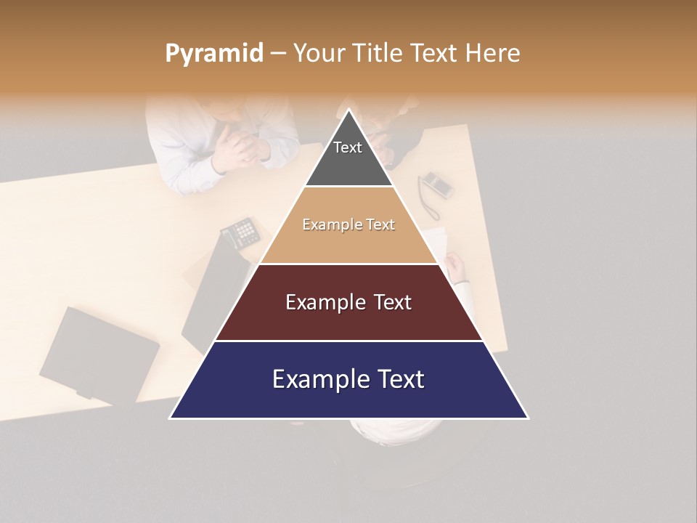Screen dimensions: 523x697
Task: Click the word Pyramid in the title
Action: [213, 54]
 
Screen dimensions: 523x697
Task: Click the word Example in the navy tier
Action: [312, 379]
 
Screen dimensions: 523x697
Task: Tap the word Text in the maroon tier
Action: [392, 302]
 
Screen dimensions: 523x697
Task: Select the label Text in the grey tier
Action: [347, 147]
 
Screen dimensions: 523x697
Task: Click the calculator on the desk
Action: [240, 232]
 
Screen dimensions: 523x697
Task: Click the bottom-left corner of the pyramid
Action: [171, 418]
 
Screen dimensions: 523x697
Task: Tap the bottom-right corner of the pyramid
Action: [528, 418]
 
